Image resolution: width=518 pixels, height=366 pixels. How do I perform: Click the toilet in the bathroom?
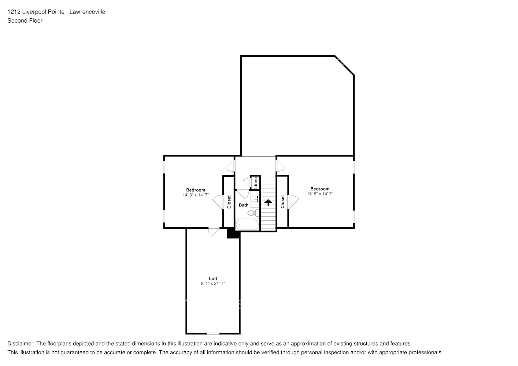252,213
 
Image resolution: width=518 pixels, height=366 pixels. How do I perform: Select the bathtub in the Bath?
247,225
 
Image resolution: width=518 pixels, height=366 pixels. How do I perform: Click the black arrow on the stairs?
268,202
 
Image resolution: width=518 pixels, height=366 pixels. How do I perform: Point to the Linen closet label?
256,183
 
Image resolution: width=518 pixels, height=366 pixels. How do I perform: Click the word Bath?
244,205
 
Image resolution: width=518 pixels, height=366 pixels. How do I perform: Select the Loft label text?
213,279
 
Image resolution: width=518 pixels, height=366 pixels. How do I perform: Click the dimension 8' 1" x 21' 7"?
213,284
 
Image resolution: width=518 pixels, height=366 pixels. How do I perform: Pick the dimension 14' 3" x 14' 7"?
196,195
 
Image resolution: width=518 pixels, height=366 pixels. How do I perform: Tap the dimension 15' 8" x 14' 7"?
320,194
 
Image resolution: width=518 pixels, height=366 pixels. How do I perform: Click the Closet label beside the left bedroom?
229,202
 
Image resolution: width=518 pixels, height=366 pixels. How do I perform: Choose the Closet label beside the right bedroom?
282,202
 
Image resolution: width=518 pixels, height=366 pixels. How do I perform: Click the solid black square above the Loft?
233,233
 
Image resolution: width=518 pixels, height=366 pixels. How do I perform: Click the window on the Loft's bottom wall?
213,333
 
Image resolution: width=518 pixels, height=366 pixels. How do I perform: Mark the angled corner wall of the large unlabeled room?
345,66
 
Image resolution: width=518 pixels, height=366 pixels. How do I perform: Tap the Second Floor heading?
25,20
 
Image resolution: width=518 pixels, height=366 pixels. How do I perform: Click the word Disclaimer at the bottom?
21,344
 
